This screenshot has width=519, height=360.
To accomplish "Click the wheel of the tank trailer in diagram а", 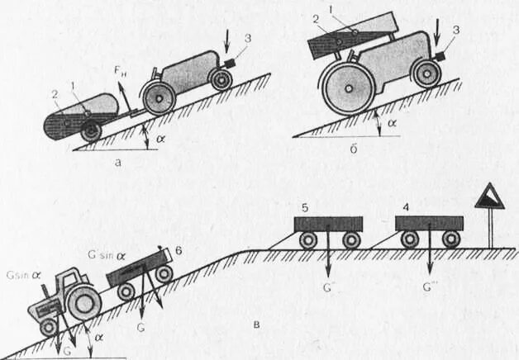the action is click(x=90, y=130).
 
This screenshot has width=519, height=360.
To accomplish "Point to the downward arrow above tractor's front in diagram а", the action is click(x=229, y=40).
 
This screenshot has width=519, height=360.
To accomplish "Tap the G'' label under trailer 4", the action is click(x=430, y=289).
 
